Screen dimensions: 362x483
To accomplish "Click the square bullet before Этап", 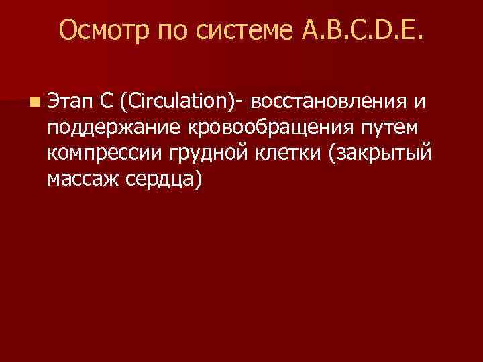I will coord(34,101).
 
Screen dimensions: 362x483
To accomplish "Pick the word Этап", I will coord(70,101).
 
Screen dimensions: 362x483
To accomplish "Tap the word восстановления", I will coord(331,101).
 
